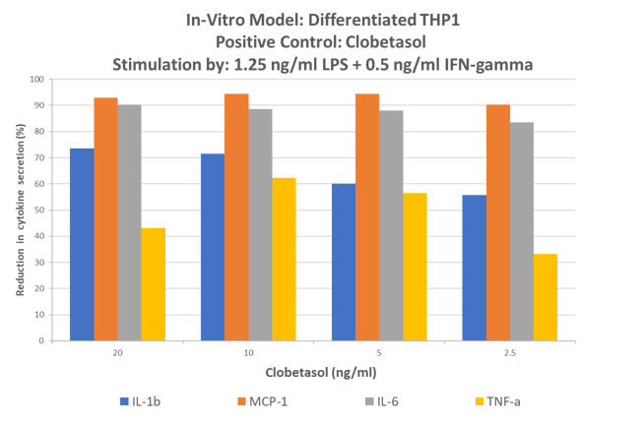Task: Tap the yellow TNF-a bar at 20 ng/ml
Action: point(154,284)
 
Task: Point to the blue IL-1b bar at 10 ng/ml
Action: point(212,247)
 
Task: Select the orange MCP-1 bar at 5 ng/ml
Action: point(366,217)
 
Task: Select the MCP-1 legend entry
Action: point(261,400)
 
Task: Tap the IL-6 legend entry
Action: point(382,400)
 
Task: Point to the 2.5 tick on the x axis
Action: point(509,351)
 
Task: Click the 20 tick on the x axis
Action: point(117,351)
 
